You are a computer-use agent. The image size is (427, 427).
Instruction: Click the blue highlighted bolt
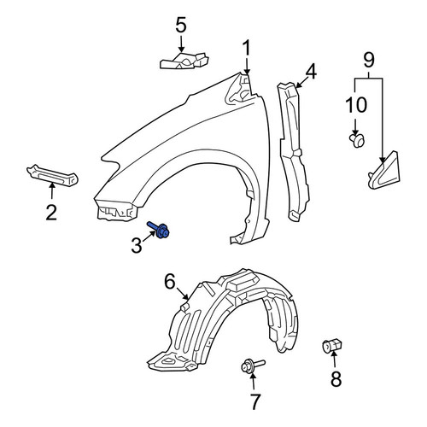point(159,230)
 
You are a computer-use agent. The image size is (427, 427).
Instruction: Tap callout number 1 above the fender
point(246,48)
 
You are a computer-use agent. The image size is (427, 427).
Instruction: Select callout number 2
point(51,213)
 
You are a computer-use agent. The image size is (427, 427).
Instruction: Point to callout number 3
point(137,245)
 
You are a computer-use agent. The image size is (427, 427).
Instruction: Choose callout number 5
point(181,25)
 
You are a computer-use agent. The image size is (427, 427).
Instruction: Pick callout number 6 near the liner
point(170,281)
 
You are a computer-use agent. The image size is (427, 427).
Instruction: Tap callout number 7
point(254,401)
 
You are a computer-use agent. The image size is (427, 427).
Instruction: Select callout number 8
point(336,378)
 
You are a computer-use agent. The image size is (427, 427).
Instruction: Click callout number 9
point(369,60)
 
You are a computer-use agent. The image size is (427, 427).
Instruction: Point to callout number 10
point(356,105)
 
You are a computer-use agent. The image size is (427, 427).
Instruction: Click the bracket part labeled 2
point(52,175)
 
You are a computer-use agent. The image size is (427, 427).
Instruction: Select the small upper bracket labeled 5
point(184,61)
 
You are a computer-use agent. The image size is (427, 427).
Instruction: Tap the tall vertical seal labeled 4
point(293,151)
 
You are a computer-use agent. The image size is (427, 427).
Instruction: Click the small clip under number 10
point(357,141)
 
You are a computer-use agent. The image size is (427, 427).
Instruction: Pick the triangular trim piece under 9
point(384,171)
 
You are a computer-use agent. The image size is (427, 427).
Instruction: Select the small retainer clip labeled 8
point(332,346)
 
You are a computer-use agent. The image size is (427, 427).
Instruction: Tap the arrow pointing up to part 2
point(52,190)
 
